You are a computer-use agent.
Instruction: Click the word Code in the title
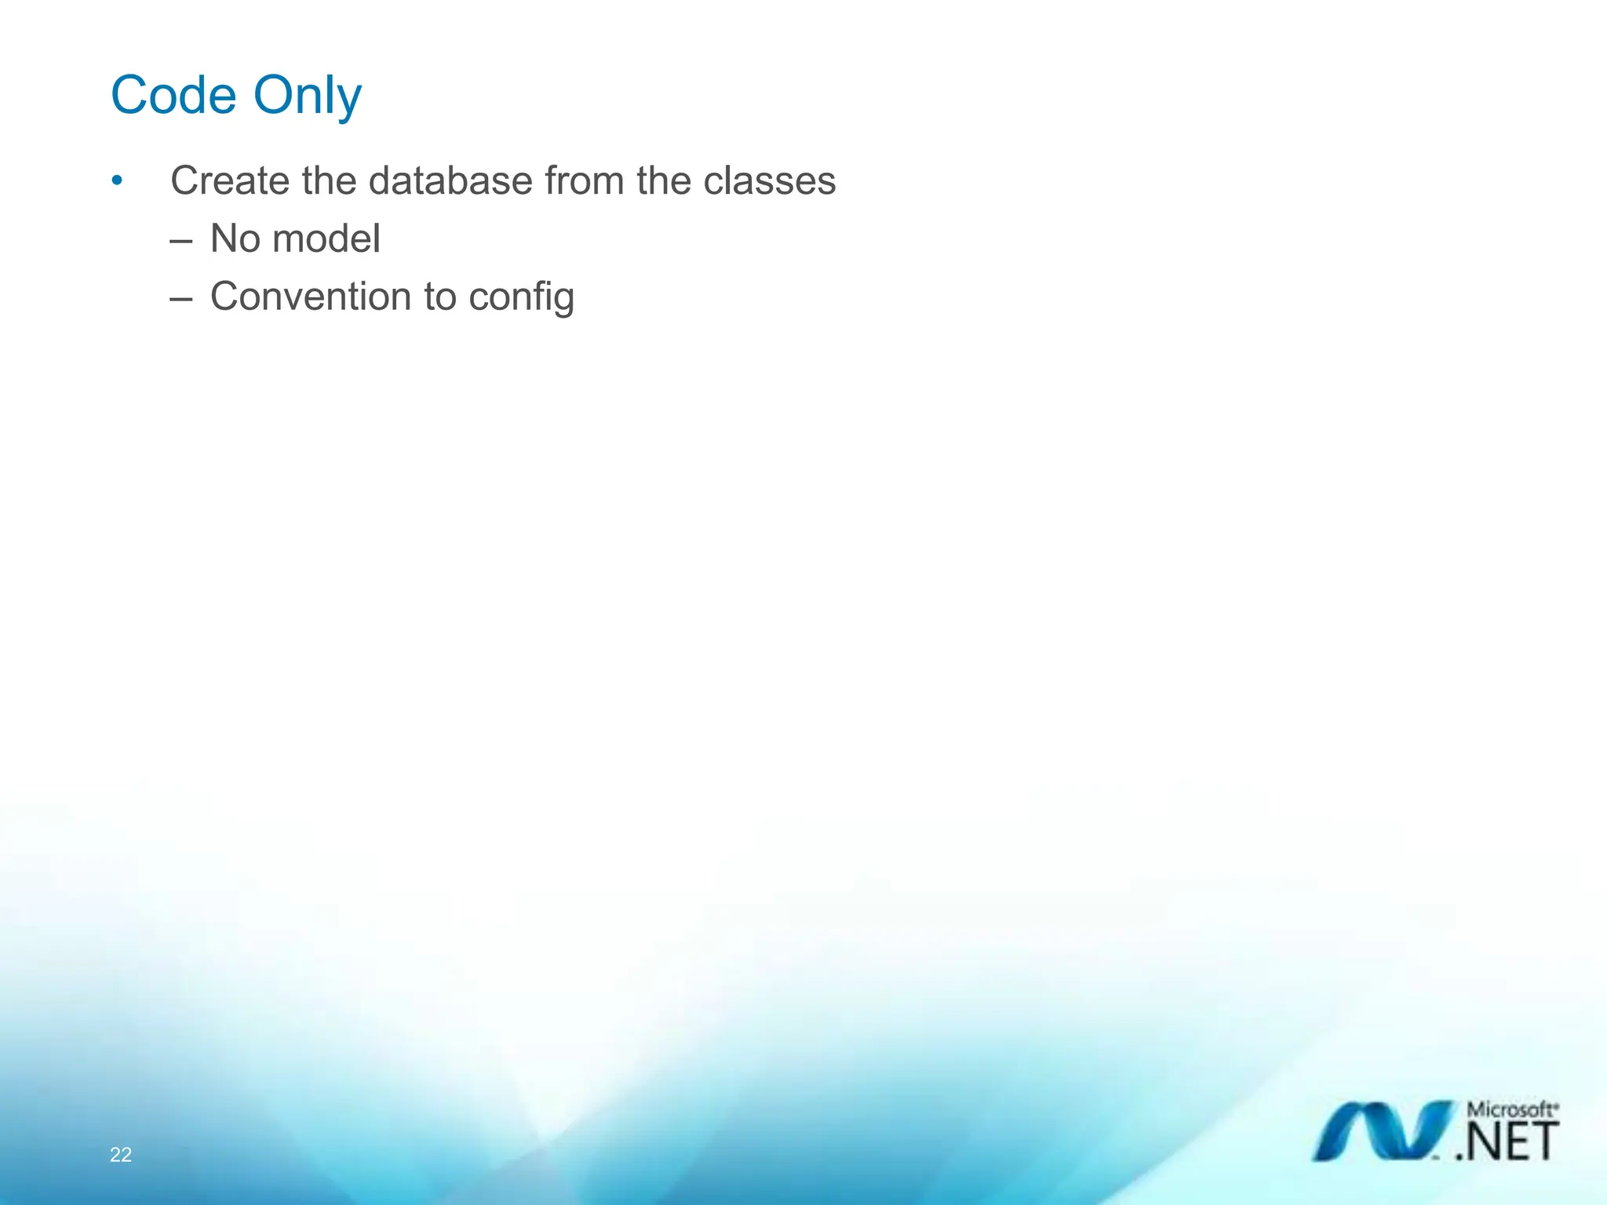pos(173,96)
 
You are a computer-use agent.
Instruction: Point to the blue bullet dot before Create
pos(117,181)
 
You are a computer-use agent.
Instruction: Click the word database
pos(450,181)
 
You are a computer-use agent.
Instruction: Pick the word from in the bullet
pos(584,181)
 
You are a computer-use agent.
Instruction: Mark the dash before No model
pos(181,240)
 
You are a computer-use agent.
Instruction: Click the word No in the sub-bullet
pos(235,238)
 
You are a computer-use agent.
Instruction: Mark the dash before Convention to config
pos(181,298)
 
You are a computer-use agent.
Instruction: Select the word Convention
pos(311,297)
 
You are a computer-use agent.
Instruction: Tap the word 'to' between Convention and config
pos(439,297)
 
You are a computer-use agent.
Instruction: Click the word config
pos(522,298)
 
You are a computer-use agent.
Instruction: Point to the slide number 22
pos(121,1154)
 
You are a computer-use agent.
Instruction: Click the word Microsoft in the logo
pos(1511,1110)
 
